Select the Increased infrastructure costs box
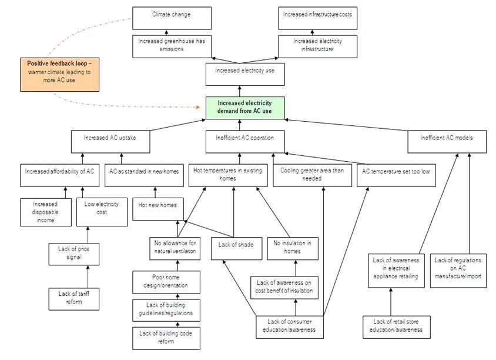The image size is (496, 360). tap(317, 17)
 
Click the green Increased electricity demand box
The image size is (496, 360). tap(244, 108)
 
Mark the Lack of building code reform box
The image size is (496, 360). tap(165, 337)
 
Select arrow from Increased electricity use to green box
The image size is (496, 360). tap(240, 91)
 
